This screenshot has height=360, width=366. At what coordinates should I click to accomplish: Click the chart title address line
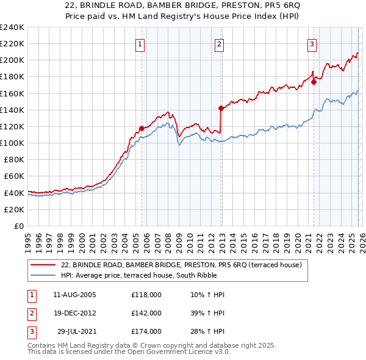(x=182, y=5)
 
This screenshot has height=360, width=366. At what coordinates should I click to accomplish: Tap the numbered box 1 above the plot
(x=141, y=44)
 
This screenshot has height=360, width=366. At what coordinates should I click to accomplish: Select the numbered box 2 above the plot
(x=219, y=44)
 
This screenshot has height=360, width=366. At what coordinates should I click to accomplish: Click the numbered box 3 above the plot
(x=312, y=44)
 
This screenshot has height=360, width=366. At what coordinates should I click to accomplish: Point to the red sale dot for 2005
(x=142, y=128)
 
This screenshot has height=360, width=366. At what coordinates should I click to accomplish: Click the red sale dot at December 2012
(x=220, y=108)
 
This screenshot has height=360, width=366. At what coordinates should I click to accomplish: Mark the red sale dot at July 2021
(x=314, y=82)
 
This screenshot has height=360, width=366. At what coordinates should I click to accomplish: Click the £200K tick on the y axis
(x=12, y=60)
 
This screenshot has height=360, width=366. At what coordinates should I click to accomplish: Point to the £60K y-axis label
(x=15, y=176)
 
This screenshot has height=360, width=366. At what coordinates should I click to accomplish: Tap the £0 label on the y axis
(x=20, y=226)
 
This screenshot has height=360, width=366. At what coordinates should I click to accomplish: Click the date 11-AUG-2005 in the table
(x=74, y=295)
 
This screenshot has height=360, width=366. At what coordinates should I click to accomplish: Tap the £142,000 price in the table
(x=146, y=313)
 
